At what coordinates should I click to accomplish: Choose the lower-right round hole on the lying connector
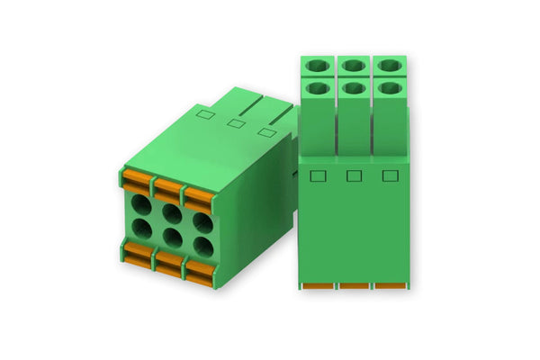tap(202, 246)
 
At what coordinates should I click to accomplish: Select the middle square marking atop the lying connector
tap(237, 122)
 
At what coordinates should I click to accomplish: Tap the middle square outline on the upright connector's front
tap(354, 175)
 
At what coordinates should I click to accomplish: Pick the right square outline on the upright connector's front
tap(390, 175)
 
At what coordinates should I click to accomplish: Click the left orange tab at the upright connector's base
tap(318, 286)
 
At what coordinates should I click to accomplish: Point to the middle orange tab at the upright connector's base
tap(354, 286)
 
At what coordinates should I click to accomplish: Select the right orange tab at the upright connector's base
tap(390, 286)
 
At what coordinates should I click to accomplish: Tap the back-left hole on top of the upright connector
tap(318, 65)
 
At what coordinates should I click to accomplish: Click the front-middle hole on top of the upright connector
tap(354, 88)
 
